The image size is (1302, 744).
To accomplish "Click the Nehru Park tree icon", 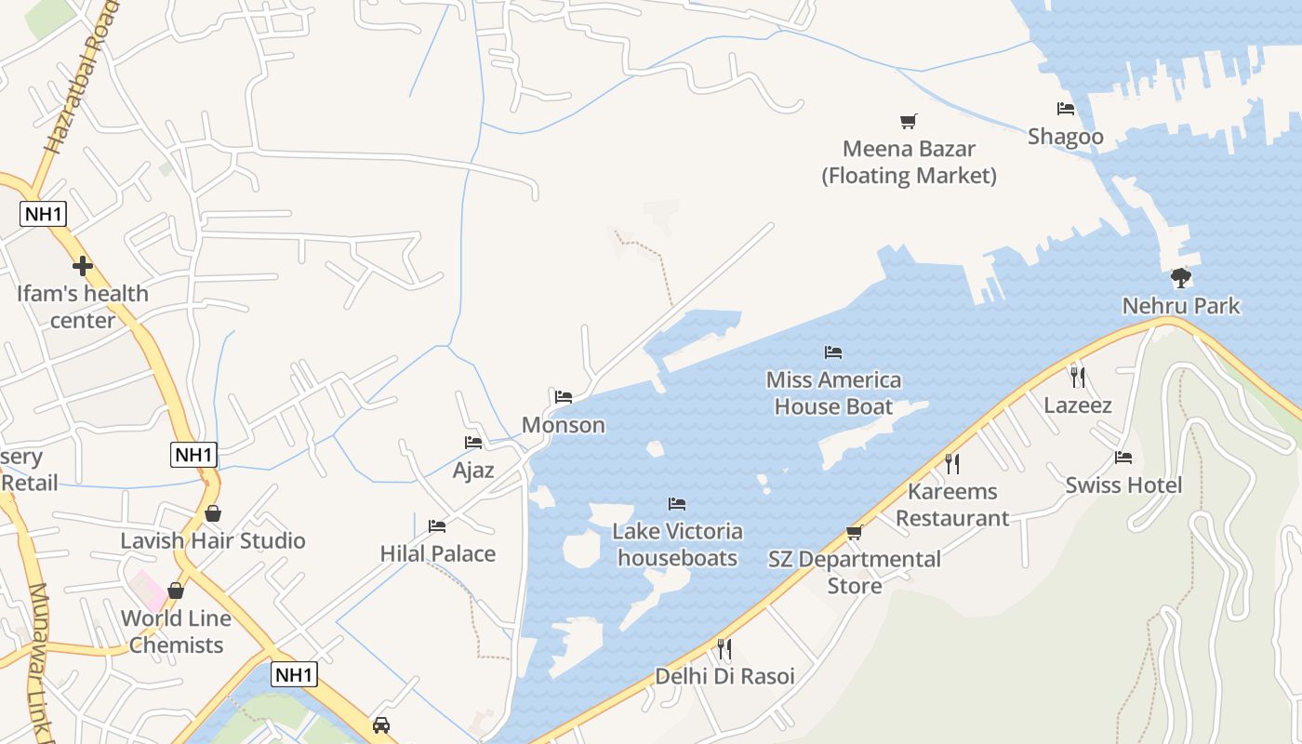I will point(1180,277).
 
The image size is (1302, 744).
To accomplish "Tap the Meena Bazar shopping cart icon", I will point(908,121).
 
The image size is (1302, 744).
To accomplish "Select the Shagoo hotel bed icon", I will point(1066,109).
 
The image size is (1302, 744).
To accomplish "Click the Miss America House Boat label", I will point(833,393).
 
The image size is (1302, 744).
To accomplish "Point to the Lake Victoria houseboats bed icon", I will point(677,504).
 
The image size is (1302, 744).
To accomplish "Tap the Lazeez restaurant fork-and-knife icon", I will point(1077,377).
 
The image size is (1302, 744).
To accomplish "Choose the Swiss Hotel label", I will point(1123,485).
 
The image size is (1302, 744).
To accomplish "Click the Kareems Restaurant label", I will point(952,505).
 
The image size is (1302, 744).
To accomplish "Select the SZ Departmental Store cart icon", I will point(854,532).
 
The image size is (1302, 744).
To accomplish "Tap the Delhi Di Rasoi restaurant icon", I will point(724,648).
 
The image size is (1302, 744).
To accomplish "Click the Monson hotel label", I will point(563,425).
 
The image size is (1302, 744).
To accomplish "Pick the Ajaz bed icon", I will point(473,443).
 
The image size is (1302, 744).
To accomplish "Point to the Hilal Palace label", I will point(437,554).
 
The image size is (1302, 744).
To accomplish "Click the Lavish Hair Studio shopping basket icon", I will point(213,513).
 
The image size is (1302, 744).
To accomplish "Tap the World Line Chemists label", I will point(176,631).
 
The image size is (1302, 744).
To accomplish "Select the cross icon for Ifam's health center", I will point(83,267).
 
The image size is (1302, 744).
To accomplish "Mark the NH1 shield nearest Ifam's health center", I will point(44,214).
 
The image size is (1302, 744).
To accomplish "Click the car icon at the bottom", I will point(380,724).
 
